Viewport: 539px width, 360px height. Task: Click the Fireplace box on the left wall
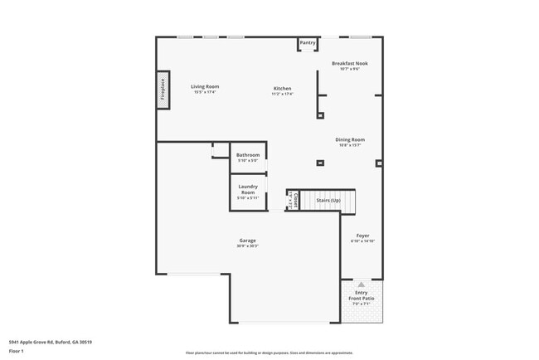point(163,90)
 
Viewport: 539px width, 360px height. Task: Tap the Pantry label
point(308,42)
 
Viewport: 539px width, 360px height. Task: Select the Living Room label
point(205,86)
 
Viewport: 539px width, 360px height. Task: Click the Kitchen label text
point(283,88)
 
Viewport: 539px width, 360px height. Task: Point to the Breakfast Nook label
point(349,63)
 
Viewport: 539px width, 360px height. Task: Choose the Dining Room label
point(350,139)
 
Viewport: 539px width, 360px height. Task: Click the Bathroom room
point(248,157)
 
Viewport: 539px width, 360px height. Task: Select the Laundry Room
point(248,192)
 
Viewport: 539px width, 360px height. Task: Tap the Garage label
point(248,240)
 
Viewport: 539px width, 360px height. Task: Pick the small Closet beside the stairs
point(291,199)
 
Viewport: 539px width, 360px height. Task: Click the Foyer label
point(362,235)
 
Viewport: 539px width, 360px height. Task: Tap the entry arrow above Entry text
point(362,284)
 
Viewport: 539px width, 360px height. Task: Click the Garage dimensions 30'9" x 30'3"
point(248,246)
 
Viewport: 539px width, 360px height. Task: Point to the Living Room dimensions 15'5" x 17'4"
point(205,92)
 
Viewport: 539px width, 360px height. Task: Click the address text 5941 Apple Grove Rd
point(50,342)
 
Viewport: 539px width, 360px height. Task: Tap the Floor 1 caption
point(17,351)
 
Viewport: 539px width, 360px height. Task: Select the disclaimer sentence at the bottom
point(269,352)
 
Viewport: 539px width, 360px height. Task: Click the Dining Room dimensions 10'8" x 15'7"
point(350,146)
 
